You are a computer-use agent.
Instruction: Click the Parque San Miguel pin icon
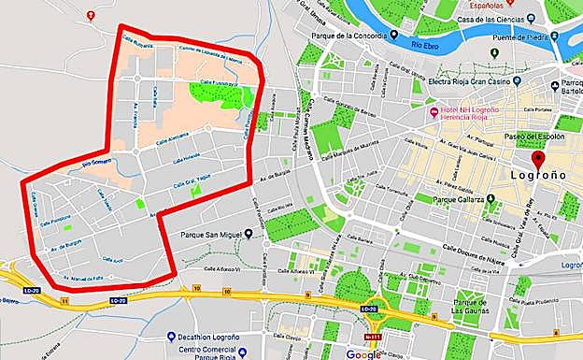249,234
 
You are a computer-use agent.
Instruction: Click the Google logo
363,353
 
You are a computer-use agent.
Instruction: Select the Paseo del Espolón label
535,137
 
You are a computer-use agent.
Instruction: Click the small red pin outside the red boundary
91,16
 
